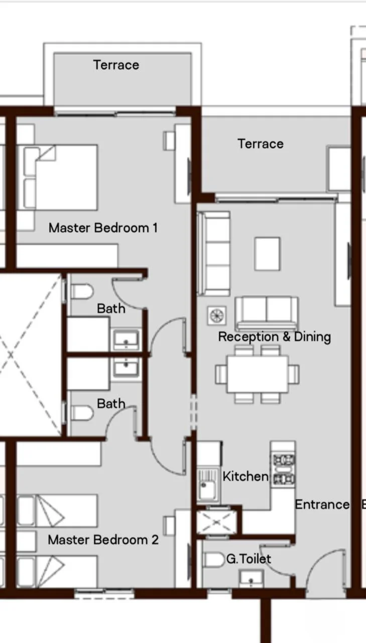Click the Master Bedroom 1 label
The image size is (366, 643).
(103, 228)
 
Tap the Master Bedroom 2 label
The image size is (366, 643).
(103, 540)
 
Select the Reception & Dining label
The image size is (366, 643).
(275, 337)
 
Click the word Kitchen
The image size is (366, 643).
(246, 477)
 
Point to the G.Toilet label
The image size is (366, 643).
(249, 559)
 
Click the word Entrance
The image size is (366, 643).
(322, 504)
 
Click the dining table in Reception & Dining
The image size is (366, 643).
(258, 374)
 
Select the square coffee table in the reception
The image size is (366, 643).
(267, 254)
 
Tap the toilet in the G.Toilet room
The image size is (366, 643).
(214, 560)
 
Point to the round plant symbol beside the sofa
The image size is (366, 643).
(217, 315)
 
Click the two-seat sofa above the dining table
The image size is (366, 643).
(267, 313)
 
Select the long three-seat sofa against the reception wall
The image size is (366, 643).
(214, 254)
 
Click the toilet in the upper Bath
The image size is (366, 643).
(82, 292)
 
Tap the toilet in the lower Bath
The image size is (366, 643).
(82, 413)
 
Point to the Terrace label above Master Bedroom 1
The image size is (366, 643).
(116, 65)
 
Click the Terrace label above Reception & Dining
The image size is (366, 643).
(261, 144)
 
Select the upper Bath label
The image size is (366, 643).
(111, 308)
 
